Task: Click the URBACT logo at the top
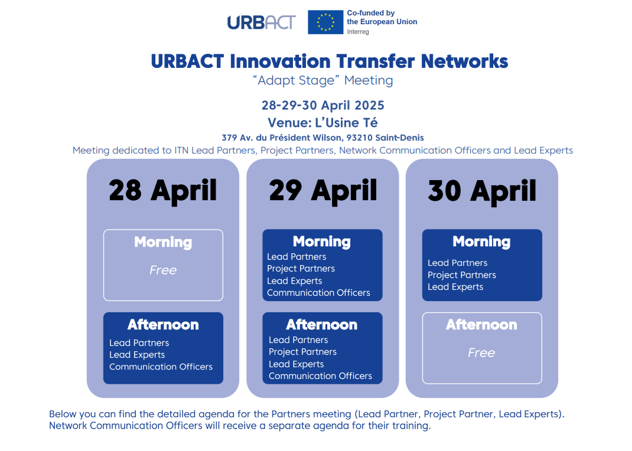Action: (261, 22)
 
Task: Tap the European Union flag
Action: (325, 22)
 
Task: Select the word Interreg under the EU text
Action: (358, 32)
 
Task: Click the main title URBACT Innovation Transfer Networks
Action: (330, 61)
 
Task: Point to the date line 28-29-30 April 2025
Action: (323, 105)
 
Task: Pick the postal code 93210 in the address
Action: (359, 138)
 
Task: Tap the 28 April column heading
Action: (163, 191)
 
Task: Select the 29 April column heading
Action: (323, 191)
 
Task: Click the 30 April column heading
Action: (482, 191)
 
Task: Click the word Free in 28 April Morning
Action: (163, 270)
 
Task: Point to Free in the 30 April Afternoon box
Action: (481, 353)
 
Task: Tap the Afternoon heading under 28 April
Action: (163, 325)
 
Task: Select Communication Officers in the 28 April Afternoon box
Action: (161, 367)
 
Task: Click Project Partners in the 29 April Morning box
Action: (301, 269)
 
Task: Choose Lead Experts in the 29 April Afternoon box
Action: (297, 364)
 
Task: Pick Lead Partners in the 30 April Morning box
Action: (458, 263)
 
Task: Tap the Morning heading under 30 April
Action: (481, 241)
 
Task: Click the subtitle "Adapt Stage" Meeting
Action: (323, 80)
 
